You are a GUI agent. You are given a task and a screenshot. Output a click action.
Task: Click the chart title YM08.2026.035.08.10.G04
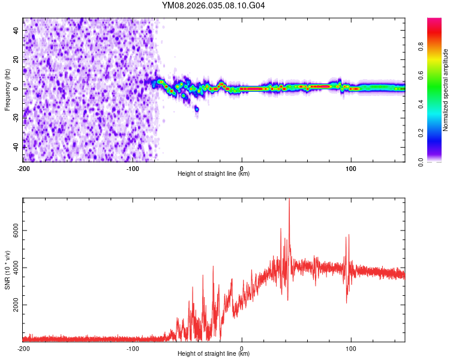click(214, 6)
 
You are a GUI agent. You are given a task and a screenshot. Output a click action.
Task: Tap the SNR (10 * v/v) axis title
click(7, 271)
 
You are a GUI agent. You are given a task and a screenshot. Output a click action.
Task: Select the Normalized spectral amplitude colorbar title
click(445, 90)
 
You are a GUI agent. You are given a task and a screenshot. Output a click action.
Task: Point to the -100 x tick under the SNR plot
click(133, 348)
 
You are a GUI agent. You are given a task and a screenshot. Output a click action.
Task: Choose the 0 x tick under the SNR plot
click(242, 348)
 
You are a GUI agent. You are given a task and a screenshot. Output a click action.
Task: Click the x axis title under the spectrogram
click(214, 174)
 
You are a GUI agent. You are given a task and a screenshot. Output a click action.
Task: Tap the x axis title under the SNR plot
click(214, 354)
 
